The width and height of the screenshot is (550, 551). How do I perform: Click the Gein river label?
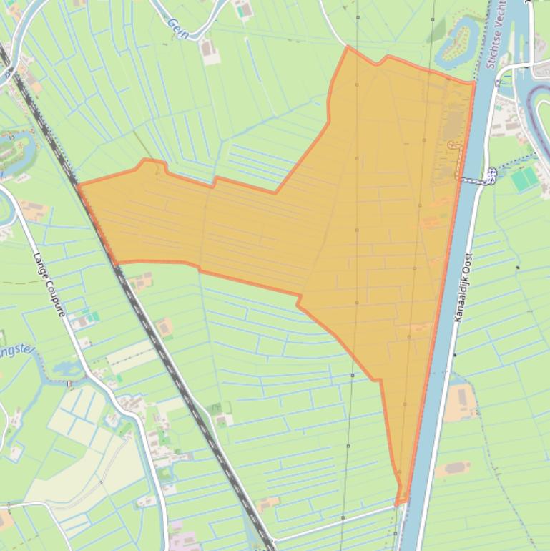pyautogui.click(x=176, y=24)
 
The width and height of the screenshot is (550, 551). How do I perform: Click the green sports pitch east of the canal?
pyautogui.click(x=524, y=179)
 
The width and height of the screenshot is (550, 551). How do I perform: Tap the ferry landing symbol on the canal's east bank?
pyautogui.click(x=491, y=174)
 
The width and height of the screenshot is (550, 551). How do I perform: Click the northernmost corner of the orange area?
pyautogui.click(x=348, y=47)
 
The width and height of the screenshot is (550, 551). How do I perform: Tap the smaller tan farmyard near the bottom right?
pyautogui.click(x=453, y=469)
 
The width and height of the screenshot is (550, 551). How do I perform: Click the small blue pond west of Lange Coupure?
pyautogui.click(x=63, y=367)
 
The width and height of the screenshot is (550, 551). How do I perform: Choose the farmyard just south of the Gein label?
pyautogui.click(x=209, y=50)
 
